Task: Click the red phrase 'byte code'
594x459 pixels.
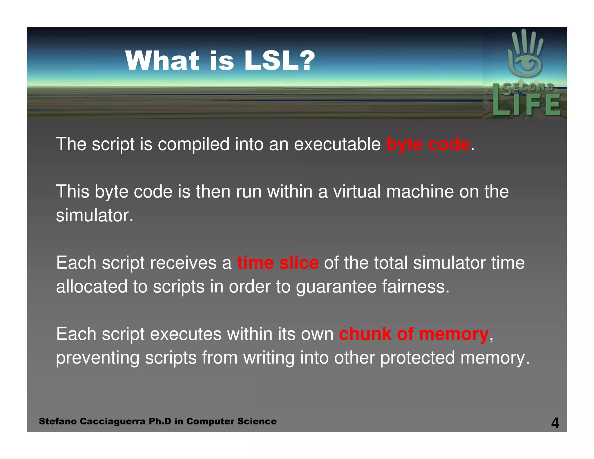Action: (428, 144)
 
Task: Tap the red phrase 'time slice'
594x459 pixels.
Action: (278, 263)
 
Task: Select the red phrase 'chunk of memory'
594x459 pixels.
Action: (414, 334)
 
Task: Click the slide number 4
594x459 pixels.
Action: (555, 423)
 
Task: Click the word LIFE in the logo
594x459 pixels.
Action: (526, 104)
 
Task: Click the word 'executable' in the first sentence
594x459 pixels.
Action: (337, 144)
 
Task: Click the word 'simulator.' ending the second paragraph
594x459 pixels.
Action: (95, 216)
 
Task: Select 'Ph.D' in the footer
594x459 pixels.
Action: (160, 421)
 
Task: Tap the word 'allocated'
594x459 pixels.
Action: (92, 287)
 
